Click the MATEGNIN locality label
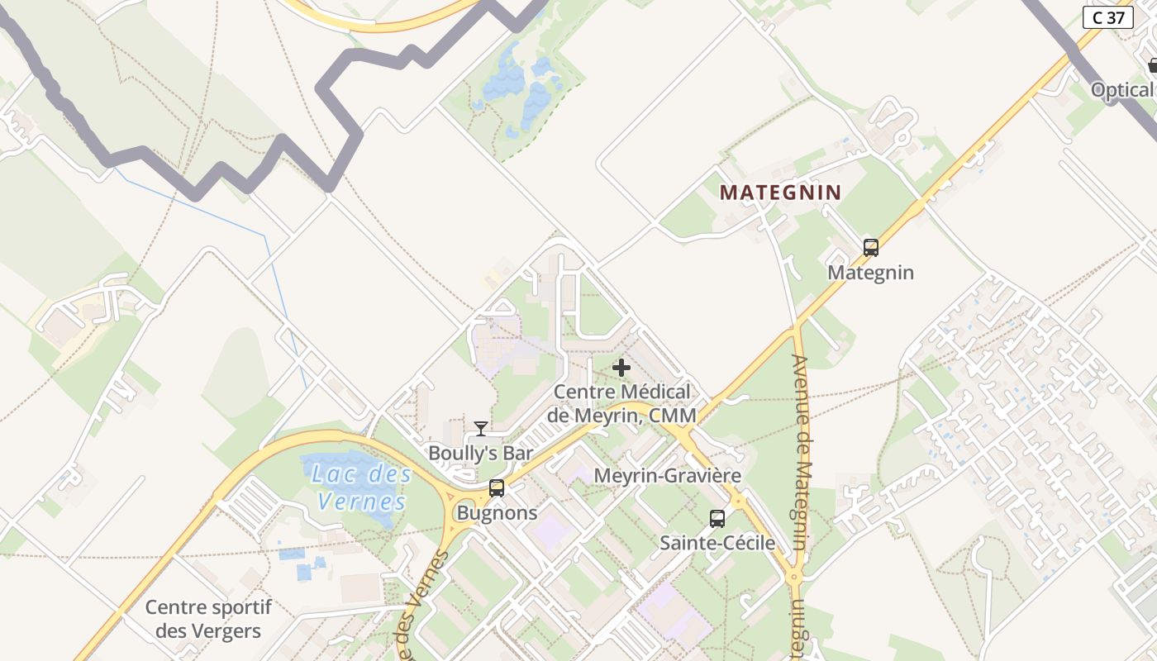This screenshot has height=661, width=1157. (780, 193)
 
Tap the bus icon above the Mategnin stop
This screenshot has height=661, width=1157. (870, 248)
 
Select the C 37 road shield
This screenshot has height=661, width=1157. (1107, 17)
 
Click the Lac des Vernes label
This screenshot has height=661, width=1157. (362, 487)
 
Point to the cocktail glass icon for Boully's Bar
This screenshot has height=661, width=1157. (481, 428)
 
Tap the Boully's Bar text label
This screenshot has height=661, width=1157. (480, 453)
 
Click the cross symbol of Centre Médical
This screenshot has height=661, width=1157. (621, 368)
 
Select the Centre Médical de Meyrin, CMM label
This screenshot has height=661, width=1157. (621, 403)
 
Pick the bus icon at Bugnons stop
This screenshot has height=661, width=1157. (496, 488)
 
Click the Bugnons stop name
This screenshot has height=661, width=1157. (497, 513)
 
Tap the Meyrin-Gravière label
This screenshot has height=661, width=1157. (667, 476)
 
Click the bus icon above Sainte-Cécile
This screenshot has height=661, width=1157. (717, 519)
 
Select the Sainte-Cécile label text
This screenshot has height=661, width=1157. (717, 543)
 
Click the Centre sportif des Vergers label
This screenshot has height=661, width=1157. (208, 620)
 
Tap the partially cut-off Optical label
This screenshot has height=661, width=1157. (1122, 90)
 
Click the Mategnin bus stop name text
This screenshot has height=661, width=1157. (870, 273)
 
